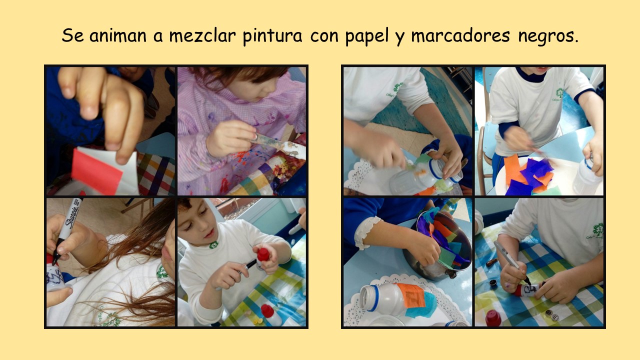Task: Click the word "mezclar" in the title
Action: coord(202,35)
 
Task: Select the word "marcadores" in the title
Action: coord(460,35)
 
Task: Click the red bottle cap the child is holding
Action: coord(263,254)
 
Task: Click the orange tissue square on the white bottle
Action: coord(411,295)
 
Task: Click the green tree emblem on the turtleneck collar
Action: coord(213,245)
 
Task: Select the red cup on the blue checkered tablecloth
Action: coord(493,318)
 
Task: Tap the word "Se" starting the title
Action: coord(72,35)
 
